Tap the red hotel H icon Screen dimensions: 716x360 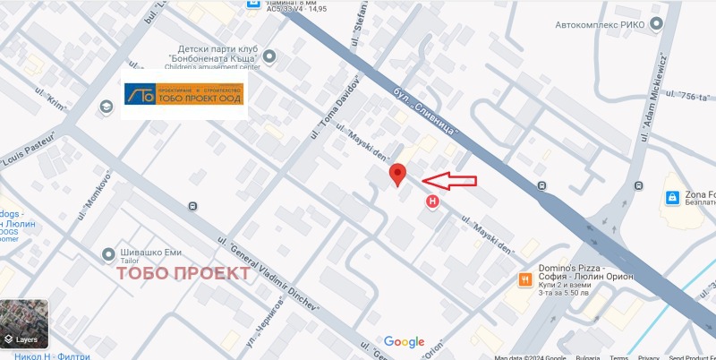click(434, 201)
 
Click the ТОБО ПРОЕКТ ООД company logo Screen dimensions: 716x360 click(183, 93)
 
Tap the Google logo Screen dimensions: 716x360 click(404, 341)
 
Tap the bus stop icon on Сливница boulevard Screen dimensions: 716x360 click(541, 186)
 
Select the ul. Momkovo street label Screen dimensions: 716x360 click(92, 194)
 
